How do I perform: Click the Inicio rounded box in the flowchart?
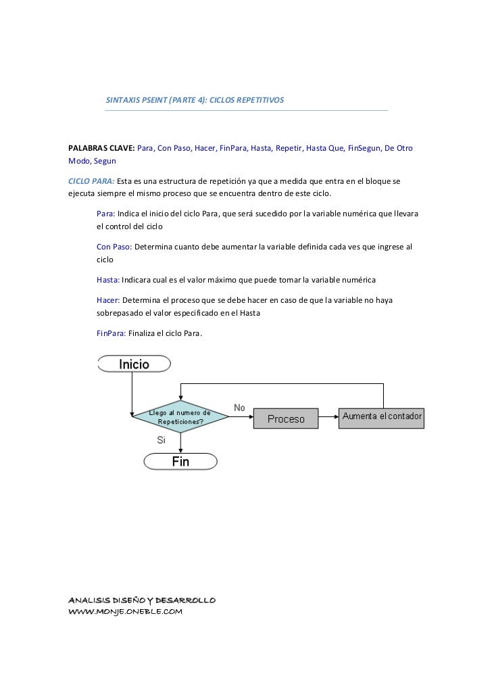click(x=134, y=364)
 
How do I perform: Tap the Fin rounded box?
click(x=180, y=462)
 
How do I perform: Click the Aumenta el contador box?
click(x=382, y=416)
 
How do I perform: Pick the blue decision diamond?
click(x=180, y=417)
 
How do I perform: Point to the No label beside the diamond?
click(x=239, y=408)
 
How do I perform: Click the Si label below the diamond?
click(x=162, y=439)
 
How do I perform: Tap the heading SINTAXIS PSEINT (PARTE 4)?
click(x=195, y=100)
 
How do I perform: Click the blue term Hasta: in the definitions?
click(x=108, y=279)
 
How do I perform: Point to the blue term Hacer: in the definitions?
click(x=109, y=299)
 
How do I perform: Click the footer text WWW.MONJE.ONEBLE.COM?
click(x=126, y=612)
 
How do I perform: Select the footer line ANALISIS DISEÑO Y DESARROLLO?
click(x=142, y=600)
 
